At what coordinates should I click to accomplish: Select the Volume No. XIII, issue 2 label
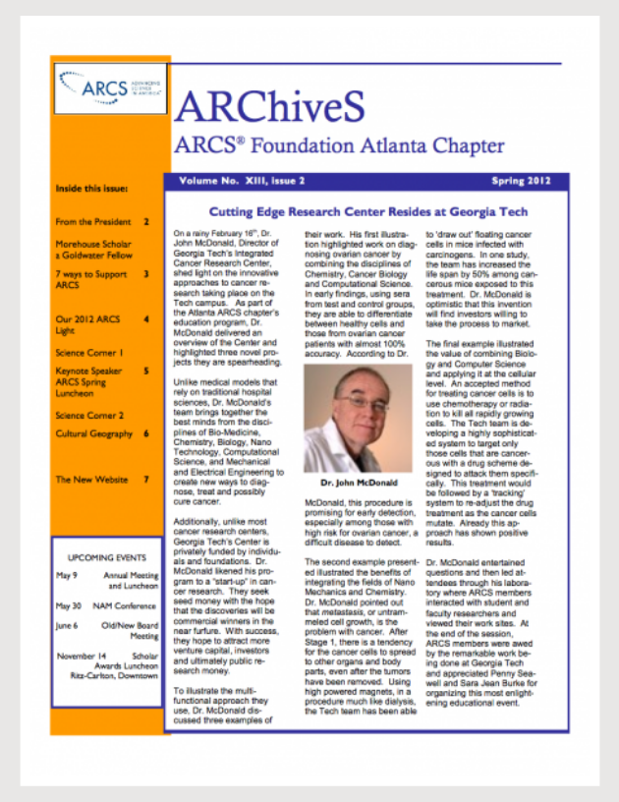point(242,181)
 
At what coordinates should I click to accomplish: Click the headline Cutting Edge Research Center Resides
point(368,211)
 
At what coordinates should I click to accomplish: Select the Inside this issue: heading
point(92,188)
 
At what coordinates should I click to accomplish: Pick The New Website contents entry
point(91,480)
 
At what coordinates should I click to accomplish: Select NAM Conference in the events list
point(125,605)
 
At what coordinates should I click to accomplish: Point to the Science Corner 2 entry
point(90,415)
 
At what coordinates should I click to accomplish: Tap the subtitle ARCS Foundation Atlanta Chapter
point(338,145)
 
